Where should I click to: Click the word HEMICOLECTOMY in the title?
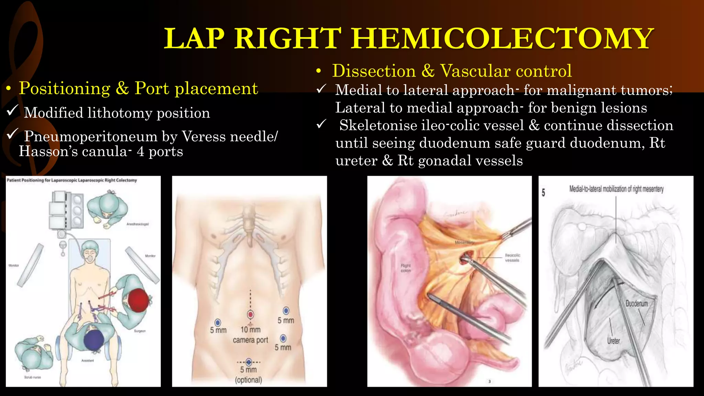[502, 38]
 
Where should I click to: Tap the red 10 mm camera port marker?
[250, 315]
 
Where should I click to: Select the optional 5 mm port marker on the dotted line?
[249, 362]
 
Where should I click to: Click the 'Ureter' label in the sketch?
[613, 341]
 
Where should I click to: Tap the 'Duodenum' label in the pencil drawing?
[637, 304]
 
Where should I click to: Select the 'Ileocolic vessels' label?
[512, 258]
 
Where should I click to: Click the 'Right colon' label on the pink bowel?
[406, 268]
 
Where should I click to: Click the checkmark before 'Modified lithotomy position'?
[12, 111]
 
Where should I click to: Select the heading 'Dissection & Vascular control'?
[452, 71]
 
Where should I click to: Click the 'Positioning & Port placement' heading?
[138, 88]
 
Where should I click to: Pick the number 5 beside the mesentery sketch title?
[543, 192]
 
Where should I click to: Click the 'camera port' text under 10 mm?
[250, 340]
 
